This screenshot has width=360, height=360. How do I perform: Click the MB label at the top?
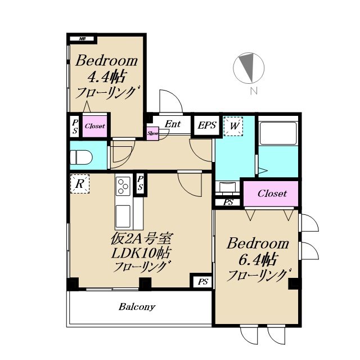click(x=82, y=39)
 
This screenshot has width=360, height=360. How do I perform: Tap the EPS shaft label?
click(x=207, y=125)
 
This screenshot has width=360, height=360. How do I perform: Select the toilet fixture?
click(x=81, y=157)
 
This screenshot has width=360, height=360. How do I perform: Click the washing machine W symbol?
click(x=233, y=127)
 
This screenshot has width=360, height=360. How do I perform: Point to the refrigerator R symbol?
click(x=80, y=184)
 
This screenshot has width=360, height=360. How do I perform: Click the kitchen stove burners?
click(x=123, y=186)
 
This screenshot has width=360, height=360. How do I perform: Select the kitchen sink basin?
click(x=123, y=216)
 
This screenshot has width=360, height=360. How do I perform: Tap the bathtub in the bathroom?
click(x=278, y=133)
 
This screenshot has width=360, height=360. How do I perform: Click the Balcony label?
click(x=137, y=307)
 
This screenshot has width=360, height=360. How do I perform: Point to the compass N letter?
click(x=254, y=91)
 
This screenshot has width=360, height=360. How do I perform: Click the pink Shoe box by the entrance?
click(x=152, y=133)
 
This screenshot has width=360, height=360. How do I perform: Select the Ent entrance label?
click(x=173, y=124)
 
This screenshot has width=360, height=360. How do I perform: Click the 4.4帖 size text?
click(x=106, y=77)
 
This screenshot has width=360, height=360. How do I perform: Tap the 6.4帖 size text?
click(x=258, y=260)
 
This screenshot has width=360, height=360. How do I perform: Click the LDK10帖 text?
click(x=141, y=253)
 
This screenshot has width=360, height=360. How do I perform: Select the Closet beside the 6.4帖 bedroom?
click(x=271, y=193)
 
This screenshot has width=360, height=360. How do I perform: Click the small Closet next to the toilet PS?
click(x=95, y=126)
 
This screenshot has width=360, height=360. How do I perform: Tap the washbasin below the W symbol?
click(x=227, y=187)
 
